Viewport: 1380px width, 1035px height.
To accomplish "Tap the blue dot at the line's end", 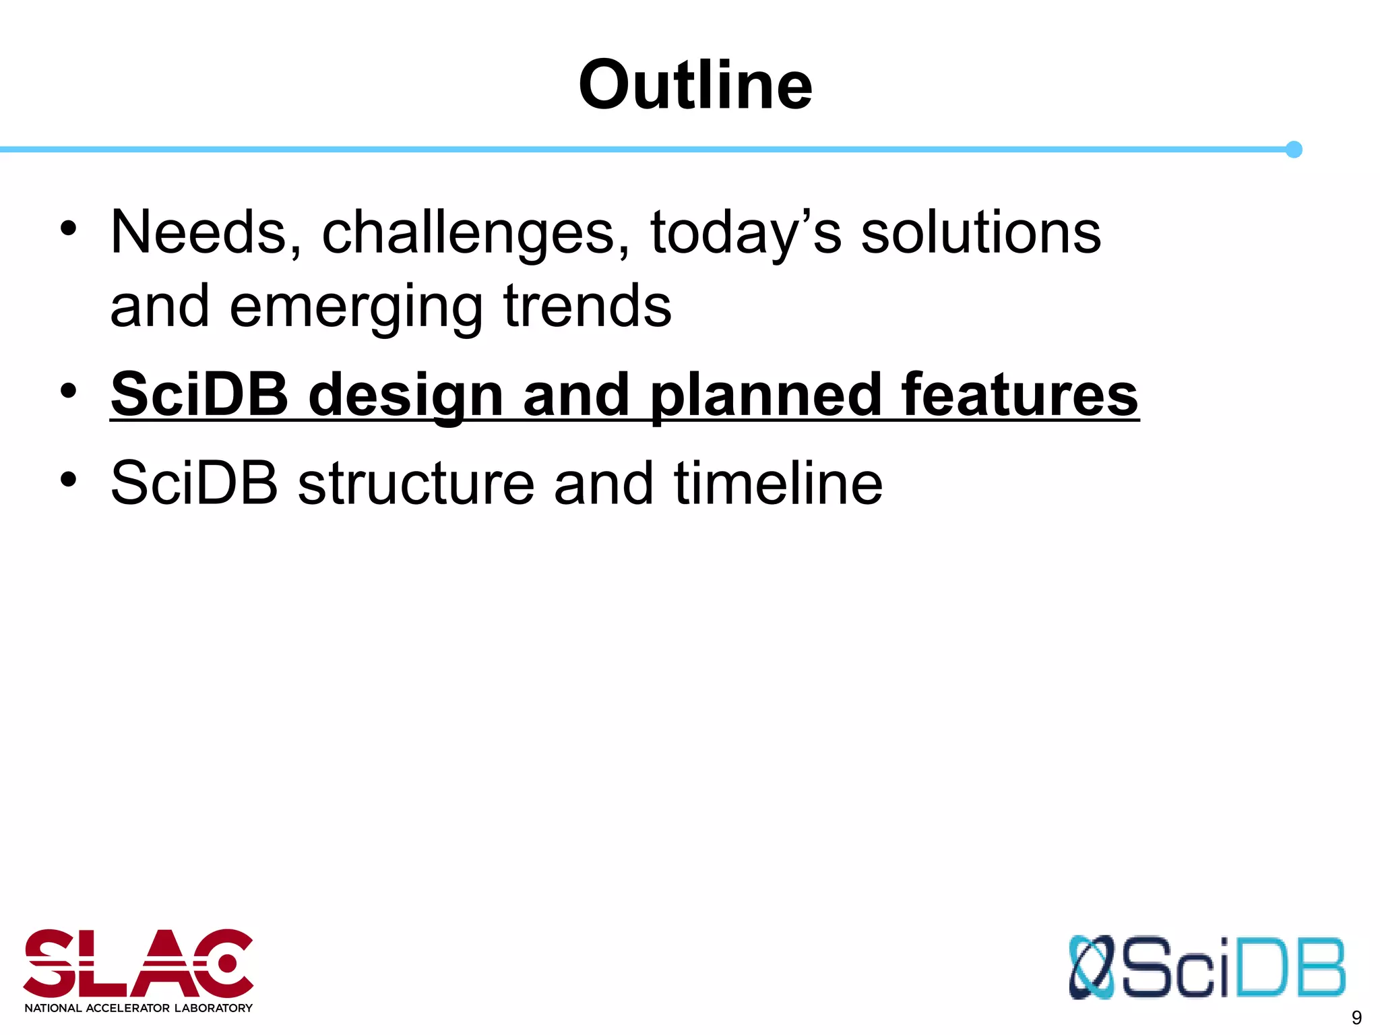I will (1293, 150).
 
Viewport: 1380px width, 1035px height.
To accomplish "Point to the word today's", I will (745, 234).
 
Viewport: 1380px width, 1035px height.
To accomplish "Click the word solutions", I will (980, 232).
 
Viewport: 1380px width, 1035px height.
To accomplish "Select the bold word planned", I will (765, 396).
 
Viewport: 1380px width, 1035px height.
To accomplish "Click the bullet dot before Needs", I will (68, 229).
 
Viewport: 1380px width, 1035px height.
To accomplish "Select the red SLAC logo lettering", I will (138, 964).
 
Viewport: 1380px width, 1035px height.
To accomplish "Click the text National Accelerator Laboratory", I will (138, 1008).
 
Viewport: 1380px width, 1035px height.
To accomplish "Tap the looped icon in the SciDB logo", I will (1091, 967).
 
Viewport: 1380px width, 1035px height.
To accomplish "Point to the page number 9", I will (1356, 1017).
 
